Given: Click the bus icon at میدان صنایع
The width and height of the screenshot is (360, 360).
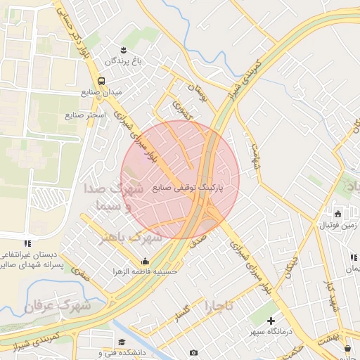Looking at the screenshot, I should click(103, 81).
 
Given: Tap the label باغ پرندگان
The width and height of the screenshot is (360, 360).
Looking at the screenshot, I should click(124, 61).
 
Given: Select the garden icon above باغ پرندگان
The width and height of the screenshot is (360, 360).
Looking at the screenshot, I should click(124, 49).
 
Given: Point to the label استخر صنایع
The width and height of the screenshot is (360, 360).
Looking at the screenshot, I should click(86, 114).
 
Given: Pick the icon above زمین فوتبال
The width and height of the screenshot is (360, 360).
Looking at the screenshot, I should click(338, 214).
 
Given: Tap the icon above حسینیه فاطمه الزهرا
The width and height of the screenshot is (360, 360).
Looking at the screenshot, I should click(145, 262).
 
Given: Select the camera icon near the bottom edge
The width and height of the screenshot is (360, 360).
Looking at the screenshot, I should click(194, 352).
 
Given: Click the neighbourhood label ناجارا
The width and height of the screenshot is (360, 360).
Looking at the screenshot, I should click(219, 307).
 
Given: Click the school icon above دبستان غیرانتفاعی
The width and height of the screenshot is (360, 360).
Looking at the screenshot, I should click(27, 243).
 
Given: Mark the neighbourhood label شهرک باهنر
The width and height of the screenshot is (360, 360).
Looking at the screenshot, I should click(131, 238).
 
